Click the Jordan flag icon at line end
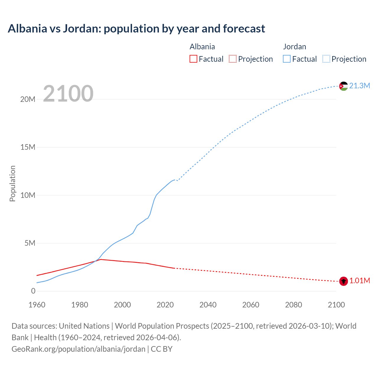(343, 86)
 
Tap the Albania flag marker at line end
(343, 281)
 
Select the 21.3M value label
(359, 86)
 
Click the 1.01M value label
(359, 281)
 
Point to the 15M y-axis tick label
(28, 147)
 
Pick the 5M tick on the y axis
(30, 243)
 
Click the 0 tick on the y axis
(33, 291)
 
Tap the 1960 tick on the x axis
(37, 305)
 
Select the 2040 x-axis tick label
(208, 305)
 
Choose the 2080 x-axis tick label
(294, 305)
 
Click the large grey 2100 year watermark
(68, 94)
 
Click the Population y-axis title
(12, 183)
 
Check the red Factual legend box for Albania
(193, 59)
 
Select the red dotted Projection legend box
(233, 59)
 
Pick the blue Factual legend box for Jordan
(286, 59)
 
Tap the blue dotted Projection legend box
(326, 59)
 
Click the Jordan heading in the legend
(294, 47)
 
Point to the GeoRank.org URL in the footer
(79, 349)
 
